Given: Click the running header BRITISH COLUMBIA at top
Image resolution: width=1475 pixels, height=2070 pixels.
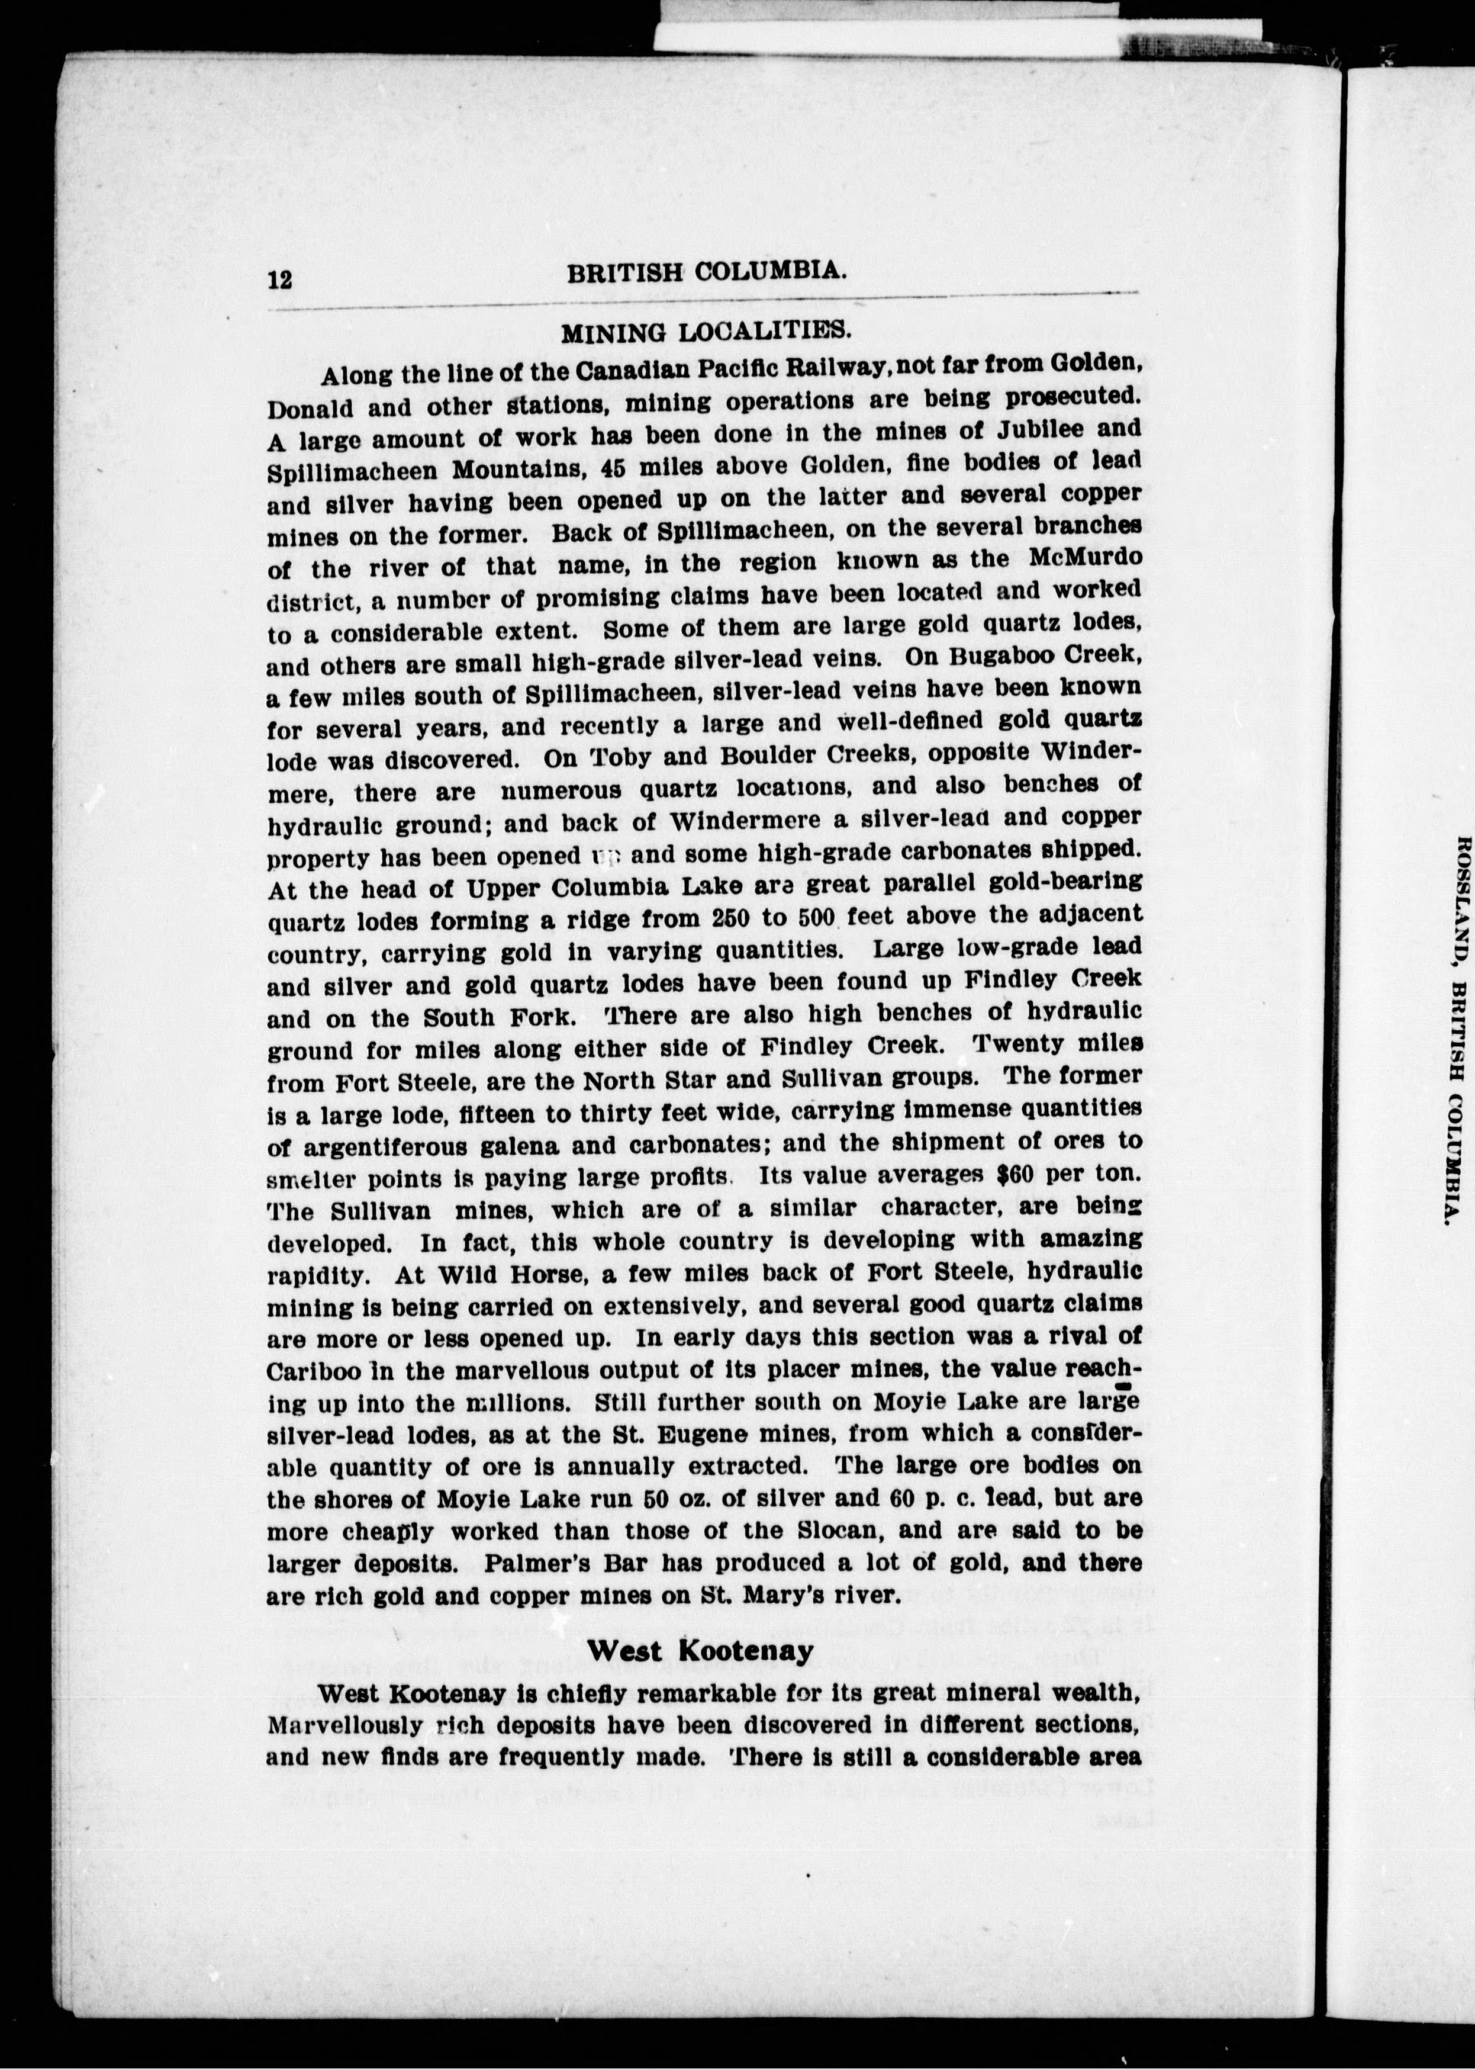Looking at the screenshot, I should [707, 272].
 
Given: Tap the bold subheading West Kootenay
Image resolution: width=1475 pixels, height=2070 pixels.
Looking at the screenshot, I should [700, 1650].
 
